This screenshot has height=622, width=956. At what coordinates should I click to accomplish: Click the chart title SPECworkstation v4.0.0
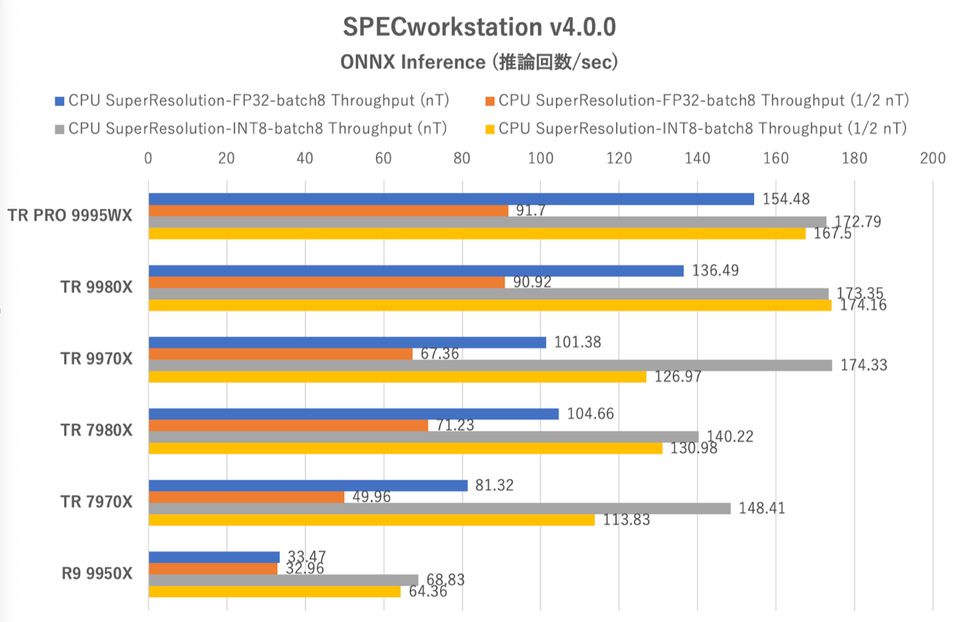point(479,27)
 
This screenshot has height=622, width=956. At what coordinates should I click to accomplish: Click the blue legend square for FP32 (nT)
point(60,101)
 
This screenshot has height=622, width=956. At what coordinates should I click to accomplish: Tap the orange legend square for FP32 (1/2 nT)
point(490,101)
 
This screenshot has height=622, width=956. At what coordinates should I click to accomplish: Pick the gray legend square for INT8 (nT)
point(60,129)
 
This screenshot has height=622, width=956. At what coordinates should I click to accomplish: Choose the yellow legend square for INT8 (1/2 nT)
point(490,129)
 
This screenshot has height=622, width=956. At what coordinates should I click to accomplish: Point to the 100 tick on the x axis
point(541,158)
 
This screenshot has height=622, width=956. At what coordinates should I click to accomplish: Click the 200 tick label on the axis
point(932,158)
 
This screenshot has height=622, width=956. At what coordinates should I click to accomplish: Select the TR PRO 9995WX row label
point(70,215)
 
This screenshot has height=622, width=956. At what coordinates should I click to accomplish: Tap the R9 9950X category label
point(97,574)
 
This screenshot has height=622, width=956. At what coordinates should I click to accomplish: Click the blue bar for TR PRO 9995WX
point(450,199)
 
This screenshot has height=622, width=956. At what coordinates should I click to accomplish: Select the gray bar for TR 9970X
point(489,365)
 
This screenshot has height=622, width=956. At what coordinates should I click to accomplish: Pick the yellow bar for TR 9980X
point(489,305)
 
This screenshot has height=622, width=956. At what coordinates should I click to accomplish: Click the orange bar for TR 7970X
point(246,497)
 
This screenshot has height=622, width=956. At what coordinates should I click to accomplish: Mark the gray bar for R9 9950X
point(283,580)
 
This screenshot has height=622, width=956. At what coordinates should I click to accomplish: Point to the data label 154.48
point(786,199)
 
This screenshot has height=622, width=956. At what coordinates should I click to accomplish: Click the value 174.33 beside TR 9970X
point(863,365)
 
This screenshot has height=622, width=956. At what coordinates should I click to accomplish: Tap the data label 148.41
point(761,508)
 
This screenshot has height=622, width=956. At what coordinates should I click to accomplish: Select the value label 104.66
point(590,414)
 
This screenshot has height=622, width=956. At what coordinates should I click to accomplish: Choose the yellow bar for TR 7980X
point(405,448)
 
